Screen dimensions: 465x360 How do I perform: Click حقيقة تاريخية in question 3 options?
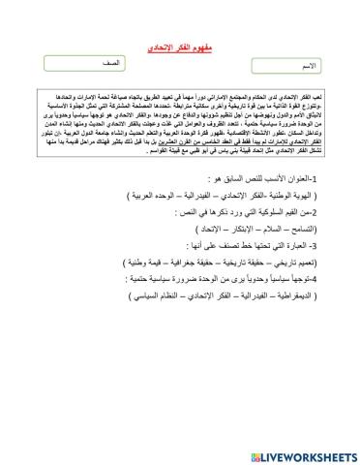point(252,261)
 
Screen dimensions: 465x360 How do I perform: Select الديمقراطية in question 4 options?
point(301,301)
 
